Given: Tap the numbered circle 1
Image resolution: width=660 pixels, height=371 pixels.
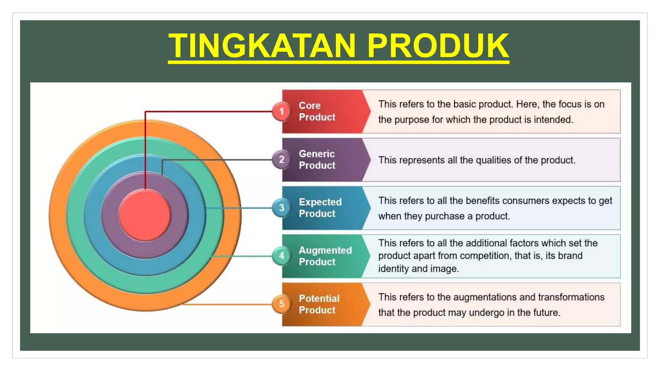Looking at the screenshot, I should tap(282, 111).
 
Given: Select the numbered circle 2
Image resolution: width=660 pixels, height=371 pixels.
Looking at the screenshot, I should tap(282, 159).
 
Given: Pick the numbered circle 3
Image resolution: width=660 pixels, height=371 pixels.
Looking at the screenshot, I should tap(282, 208).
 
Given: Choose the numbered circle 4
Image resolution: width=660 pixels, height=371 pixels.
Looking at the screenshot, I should tap(282, 256).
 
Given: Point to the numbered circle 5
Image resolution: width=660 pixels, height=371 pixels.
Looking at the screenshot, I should tap(282, 304).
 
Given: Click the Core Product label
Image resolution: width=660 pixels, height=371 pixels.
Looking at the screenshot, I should tap(317, 111).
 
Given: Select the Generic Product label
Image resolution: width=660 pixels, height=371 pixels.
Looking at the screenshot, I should tap(317, 159).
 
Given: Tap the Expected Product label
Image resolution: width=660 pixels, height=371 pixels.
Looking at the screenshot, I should tap(320, 208).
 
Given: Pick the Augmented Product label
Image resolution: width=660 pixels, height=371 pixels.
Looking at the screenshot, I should tap(325, 256).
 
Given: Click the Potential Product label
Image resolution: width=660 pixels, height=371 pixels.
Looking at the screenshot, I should tap(319, 304).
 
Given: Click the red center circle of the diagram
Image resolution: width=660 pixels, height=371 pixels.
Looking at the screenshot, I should tap(145, 215).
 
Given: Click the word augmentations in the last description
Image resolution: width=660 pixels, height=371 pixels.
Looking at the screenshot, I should tap(485, 297).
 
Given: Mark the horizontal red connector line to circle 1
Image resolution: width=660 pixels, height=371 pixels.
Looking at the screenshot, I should tap(209, 112).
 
